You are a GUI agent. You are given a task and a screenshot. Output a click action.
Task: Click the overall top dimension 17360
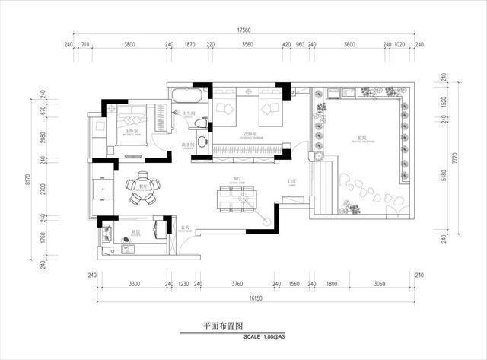[x=243, y=30]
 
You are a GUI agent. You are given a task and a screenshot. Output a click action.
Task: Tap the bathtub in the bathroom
[x=187, y=96]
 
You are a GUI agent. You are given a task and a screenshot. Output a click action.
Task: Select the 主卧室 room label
[x=130, y=132]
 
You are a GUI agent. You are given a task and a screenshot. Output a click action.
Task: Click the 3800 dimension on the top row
[x=129, y=45]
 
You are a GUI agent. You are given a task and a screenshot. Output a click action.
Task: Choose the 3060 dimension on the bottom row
[x=378, y=283]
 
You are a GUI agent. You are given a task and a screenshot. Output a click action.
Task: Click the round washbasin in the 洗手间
[x=202, y=142]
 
